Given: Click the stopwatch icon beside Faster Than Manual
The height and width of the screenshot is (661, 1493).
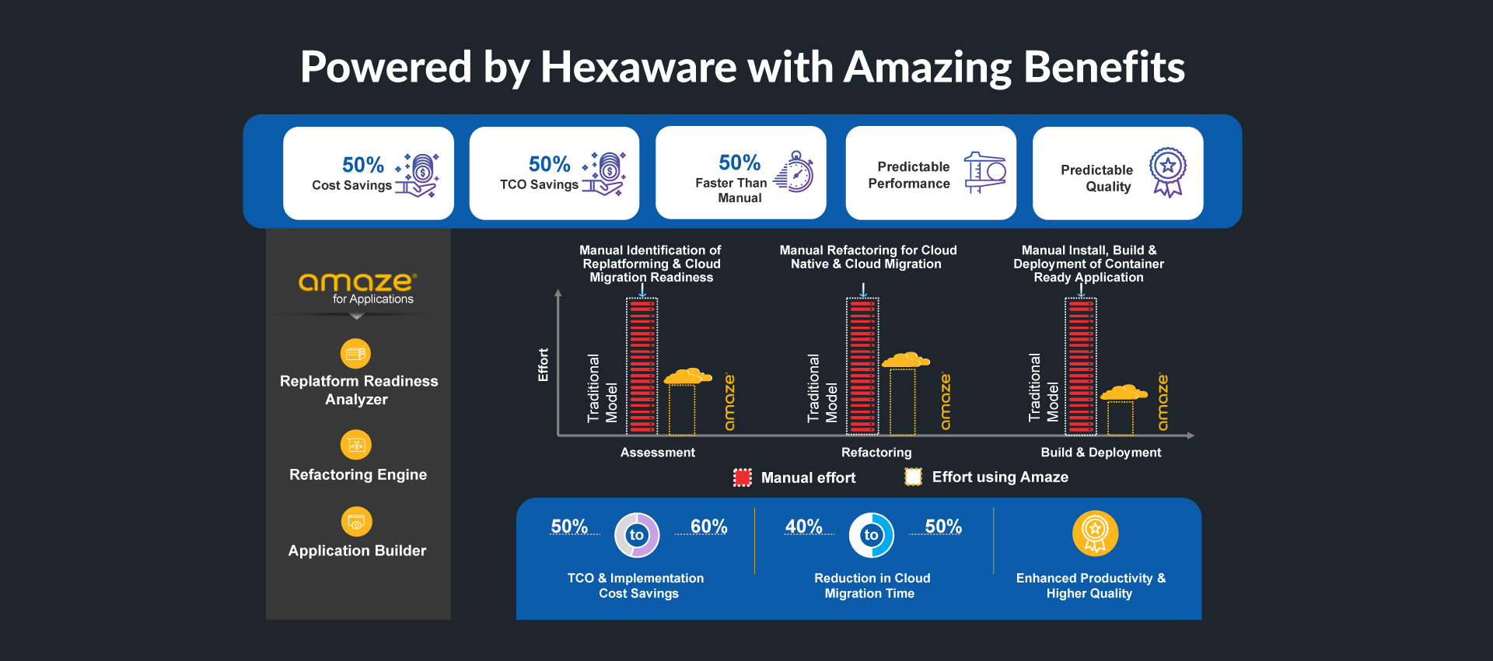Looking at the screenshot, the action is coord(794,172).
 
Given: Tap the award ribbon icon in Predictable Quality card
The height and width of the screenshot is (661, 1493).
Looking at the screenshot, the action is coord(1168,172).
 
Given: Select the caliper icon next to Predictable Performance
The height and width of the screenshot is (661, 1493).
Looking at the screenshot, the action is coord(985,173).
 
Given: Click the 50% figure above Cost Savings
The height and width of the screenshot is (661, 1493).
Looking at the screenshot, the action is coord(363,165).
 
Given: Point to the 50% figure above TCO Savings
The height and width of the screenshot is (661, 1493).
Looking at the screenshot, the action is coord(550,164).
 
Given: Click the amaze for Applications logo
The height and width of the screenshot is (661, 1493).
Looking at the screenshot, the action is coord(358,288).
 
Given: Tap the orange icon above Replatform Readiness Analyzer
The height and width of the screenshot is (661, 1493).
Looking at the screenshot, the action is coord(355,354).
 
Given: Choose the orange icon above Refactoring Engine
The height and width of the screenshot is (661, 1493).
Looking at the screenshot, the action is coord(356,445).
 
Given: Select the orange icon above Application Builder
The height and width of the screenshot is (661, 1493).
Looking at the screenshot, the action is coord(357,521).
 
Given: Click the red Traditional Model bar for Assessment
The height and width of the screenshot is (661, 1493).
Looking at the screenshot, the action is coord(642,365).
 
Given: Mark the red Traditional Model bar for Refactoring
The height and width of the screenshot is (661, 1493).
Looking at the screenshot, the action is coord(862,365).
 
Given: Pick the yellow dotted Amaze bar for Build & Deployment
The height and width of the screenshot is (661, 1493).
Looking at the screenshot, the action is coord(1121,418).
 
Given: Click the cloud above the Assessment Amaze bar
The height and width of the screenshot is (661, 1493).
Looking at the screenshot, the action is coord(687,376).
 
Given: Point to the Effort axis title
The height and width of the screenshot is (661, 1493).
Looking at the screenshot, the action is coord(543,365).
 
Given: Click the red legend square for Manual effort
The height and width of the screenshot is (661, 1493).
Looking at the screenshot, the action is coord(743,477).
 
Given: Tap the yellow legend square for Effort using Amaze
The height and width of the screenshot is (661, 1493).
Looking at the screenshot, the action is coord(914,477).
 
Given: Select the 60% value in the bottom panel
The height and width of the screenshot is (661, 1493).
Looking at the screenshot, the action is coord(709,526).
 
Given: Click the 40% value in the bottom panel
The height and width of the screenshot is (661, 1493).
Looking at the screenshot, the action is coord(804,526).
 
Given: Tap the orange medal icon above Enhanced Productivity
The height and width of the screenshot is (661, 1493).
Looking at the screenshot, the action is coord(1095,533).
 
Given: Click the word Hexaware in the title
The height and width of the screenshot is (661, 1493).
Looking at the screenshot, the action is coord(638,67).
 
